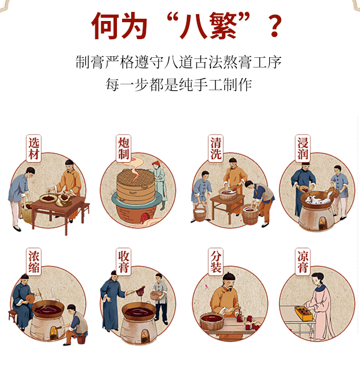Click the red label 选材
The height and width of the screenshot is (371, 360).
(35, 148)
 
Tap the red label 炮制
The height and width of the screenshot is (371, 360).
(124, 148)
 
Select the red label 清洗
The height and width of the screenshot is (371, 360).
(215, 148)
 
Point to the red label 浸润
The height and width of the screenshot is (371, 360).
(303, 148)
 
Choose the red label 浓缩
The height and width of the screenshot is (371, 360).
(35, 262)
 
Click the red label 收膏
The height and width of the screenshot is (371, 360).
(124, 262)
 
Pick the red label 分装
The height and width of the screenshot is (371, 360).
(215, 262)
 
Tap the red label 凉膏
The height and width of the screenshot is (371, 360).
(303, 262)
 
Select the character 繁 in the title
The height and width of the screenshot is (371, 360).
(216, 26)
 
